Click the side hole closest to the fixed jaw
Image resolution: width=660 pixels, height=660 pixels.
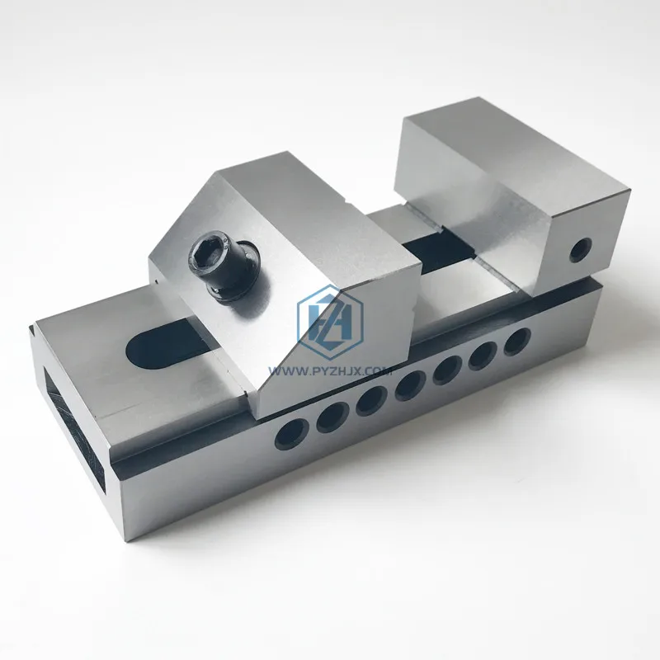tap(516, 340)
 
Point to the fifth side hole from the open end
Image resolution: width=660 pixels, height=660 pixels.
tap(446, 368)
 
